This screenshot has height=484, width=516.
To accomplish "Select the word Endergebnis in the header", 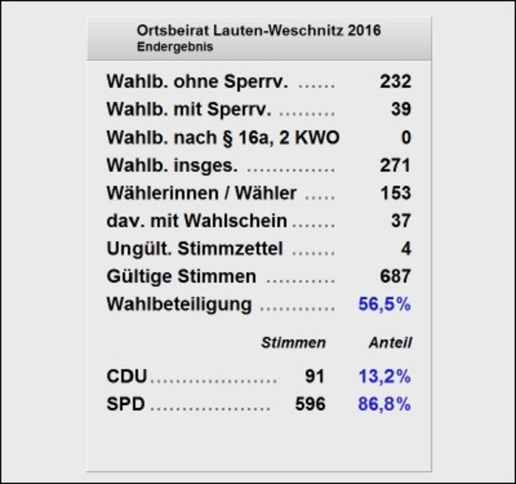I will click(x=175, y=47).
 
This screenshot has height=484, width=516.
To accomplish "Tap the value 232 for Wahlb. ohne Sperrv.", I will click(x=395, y=82).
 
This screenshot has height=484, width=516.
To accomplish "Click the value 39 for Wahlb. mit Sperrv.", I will click(x=401, y=110).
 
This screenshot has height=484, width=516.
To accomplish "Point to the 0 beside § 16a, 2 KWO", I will click(x=406, y=138).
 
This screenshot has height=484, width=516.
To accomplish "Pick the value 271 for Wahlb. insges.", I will click(x=395, y=166).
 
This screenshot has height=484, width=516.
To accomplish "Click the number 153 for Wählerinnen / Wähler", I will click(x=395, y=193).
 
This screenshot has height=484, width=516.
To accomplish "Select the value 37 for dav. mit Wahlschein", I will click(x=401, y=221).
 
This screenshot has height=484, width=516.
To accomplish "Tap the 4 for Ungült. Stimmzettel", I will click(x=406, y=249).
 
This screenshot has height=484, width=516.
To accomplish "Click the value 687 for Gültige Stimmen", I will click(x=395, y=277).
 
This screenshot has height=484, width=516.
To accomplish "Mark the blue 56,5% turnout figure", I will click(x=384, y=305).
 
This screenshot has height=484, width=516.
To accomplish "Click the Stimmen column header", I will click(x=293, y=343).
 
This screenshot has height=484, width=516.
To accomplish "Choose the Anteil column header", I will click(x=390, y=343).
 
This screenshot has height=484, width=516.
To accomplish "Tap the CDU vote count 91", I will click(x=314, y=377).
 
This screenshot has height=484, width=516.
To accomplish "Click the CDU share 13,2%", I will click(x=384, y=377).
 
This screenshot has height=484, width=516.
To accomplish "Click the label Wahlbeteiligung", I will click(x=179, y=305).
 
